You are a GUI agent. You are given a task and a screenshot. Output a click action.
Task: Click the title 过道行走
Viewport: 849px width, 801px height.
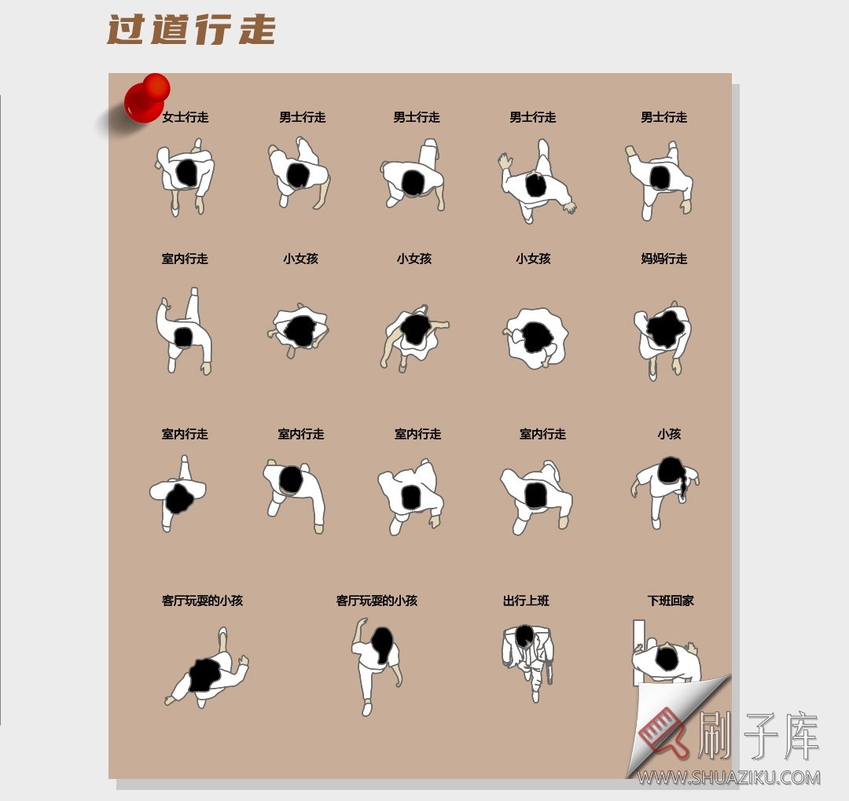(191, 30)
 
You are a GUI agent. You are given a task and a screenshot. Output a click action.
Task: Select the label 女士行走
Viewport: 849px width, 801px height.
(186, 117)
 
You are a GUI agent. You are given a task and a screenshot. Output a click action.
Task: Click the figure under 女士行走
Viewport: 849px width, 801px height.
(186, 177)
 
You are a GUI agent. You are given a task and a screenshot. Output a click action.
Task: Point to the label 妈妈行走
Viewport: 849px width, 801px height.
(664, 259)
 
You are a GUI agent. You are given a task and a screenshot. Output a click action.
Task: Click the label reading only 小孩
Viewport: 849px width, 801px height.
(669, 434)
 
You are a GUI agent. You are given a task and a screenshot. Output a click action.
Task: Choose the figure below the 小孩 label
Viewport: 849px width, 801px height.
(664, 487)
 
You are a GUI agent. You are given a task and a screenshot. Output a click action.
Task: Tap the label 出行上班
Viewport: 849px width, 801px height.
(526, 601)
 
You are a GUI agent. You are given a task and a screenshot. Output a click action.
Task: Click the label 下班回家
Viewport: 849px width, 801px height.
(671, 601)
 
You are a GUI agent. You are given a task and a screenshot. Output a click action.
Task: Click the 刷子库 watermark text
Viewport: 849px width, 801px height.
(759, 737)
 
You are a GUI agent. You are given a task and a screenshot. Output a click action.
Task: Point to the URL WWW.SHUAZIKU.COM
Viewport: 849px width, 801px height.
(729, 777)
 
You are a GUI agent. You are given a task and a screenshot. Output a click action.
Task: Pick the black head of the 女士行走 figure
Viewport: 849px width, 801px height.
(186, 172)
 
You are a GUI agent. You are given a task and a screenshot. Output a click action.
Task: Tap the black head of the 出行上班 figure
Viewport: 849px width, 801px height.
(524, 634)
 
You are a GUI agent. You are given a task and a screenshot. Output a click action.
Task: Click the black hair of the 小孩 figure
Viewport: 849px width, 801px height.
(671, 470)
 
